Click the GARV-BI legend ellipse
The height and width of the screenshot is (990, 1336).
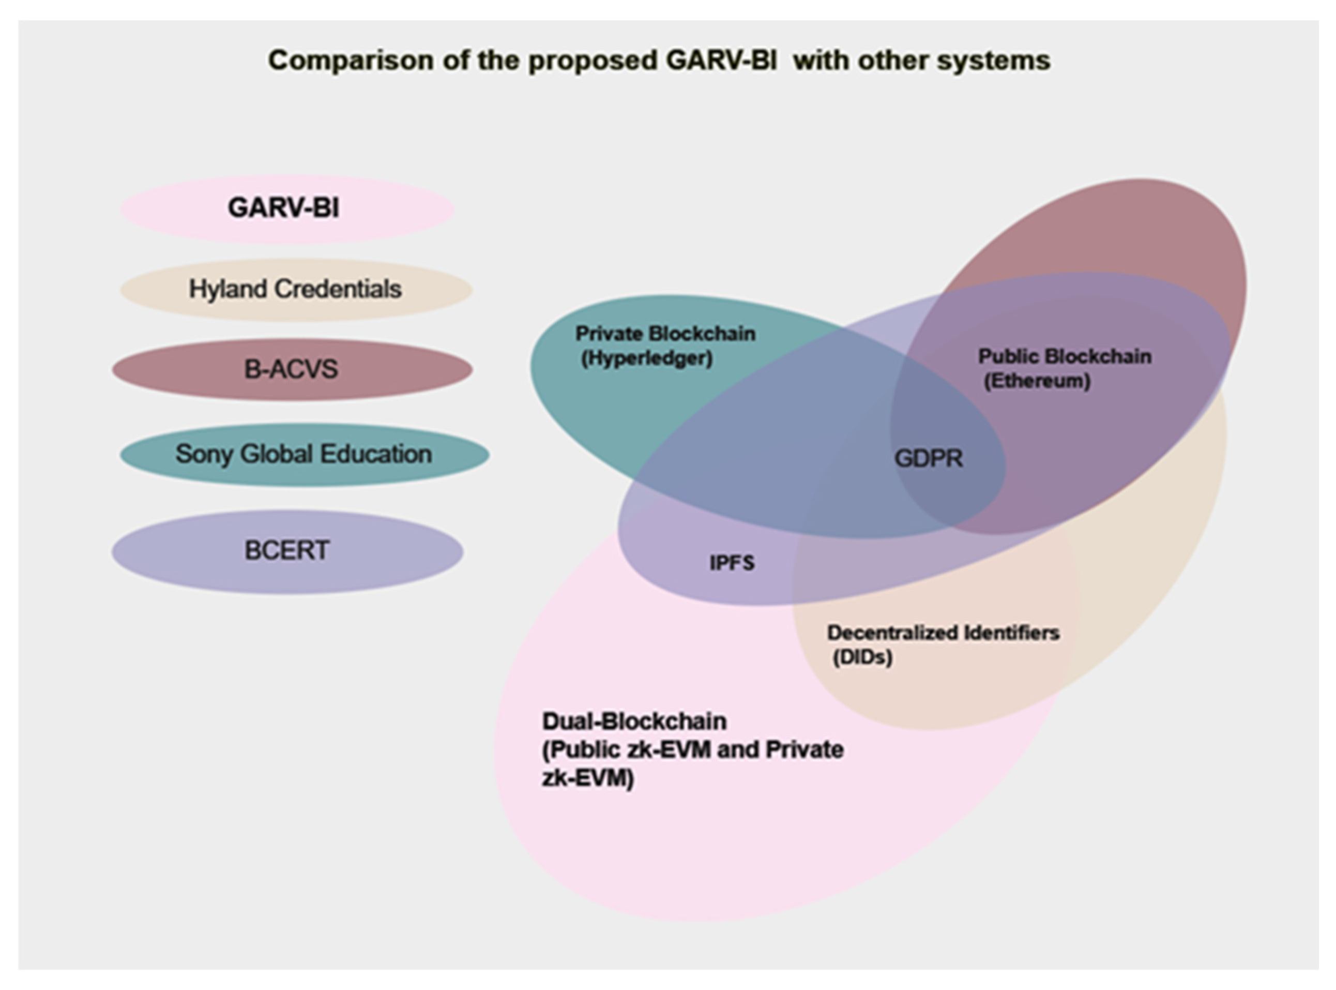click(287, 209)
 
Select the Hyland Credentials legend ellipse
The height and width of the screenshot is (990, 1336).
click(296, 290)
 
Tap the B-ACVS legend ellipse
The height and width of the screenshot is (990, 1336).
click(292, 369)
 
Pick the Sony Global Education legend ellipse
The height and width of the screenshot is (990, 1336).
click(305, 454)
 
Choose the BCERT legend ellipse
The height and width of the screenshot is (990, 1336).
click(287, 551)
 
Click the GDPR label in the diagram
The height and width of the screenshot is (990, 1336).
click(929, 459)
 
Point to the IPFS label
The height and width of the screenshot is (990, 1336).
click(732, 563)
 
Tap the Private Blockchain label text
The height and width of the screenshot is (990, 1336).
click(665, 334)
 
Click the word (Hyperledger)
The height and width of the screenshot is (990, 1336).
click(647, 358)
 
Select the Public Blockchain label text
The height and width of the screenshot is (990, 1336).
click(1065, 356)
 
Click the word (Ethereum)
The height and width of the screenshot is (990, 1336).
click(1037, 381)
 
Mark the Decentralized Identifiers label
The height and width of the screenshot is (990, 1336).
click(943, 633)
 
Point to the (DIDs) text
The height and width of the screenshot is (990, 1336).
click(863, 657)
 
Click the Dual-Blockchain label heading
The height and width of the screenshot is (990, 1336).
click(634, 721)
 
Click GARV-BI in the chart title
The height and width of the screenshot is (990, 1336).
click(721, 61)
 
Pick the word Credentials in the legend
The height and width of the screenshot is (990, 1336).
click(338, 290)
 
